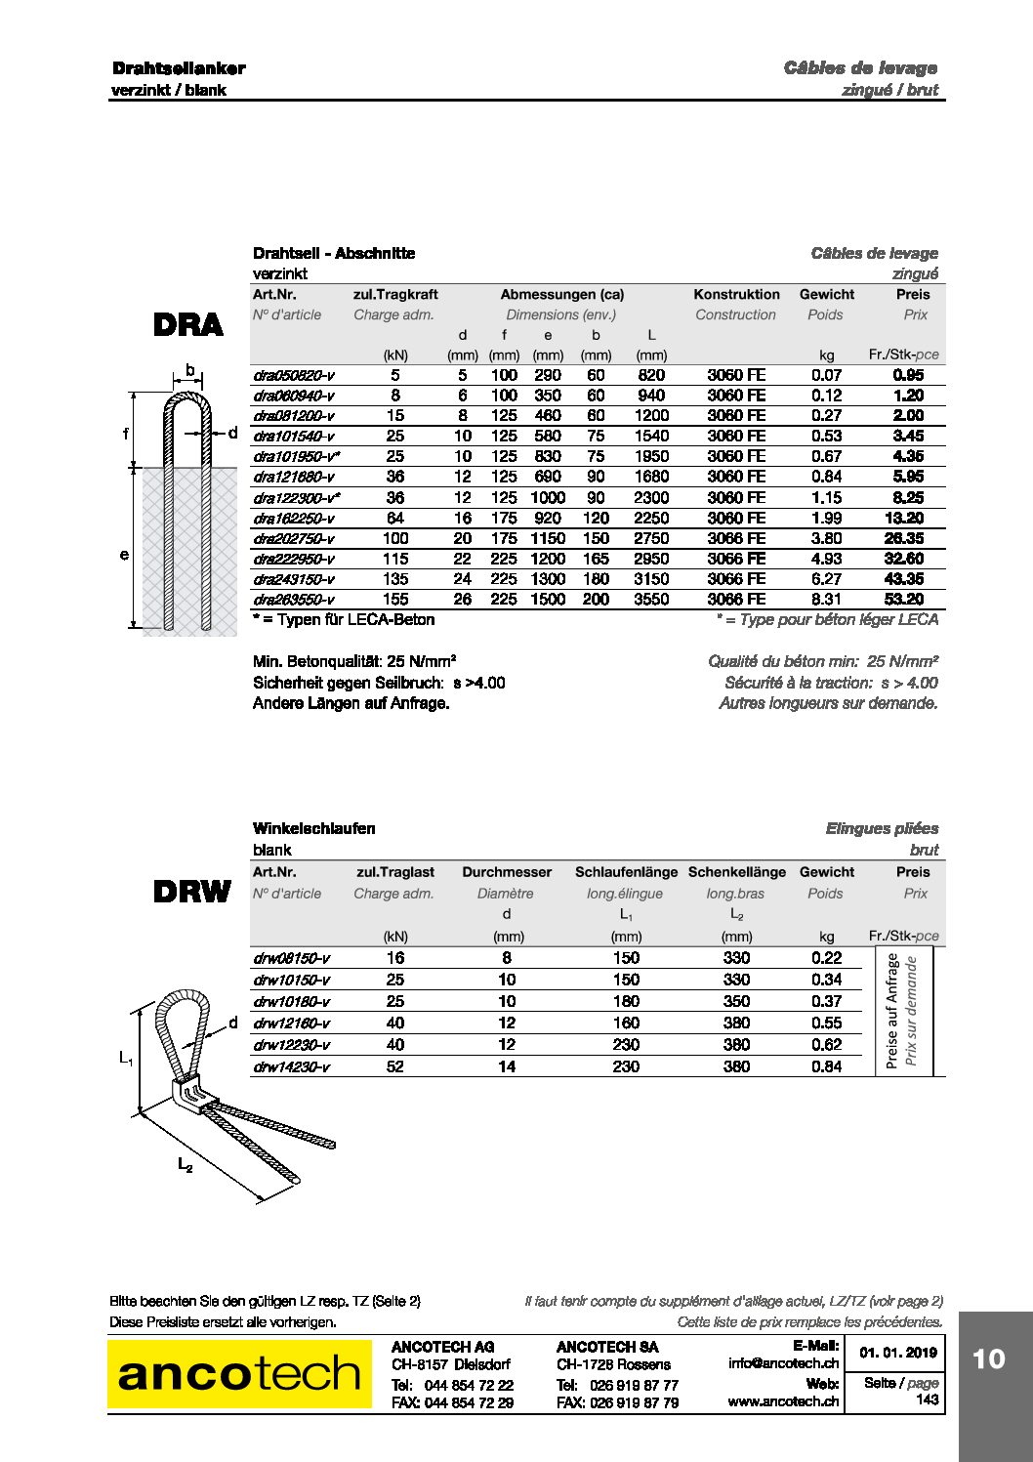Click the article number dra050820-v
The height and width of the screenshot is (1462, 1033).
coord(293,375)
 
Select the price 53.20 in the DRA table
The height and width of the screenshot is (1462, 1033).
coord(903,600)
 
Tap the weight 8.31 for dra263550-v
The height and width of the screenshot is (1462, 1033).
coord(826,600)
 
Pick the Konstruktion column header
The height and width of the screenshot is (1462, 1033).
coord(736,294)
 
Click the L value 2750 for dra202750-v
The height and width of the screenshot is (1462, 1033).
coord(651,538)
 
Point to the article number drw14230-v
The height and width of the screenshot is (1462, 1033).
coord(291,1066)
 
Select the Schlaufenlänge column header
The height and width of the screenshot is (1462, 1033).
coord(626,872)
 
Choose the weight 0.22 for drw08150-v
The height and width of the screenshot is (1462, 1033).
coord(826,958)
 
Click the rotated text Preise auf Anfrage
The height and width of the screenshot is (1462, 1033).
coord(891,1012)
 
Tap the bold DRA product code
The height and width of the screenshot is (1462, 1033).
coord(188,324)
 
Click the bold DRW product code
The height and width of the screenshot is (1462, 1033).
coord(191,892)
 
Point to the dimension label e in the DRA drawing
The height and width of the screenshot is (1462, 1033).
coord(124,555)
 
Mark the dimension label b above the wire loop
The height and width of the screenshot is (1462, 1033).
coord(190,371)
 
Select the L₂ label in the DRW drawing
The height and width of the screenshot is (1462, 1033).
coord(185,1163)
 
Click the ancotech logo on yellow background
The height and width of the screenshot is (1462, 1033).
coord(239,1373)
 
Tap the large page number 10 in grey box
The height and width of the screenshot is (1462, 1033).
coord(988,1358)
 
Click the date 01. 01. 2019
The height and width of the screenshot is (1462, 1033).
coord(897,1353)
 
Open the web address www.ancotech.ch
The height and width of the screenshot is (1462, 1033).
coord(783,1401)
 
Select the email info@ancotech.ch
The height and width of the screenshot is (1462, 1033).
coord(783,1363)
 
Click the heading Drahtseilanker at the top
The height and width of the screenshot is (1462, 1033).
coord(179,68)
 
